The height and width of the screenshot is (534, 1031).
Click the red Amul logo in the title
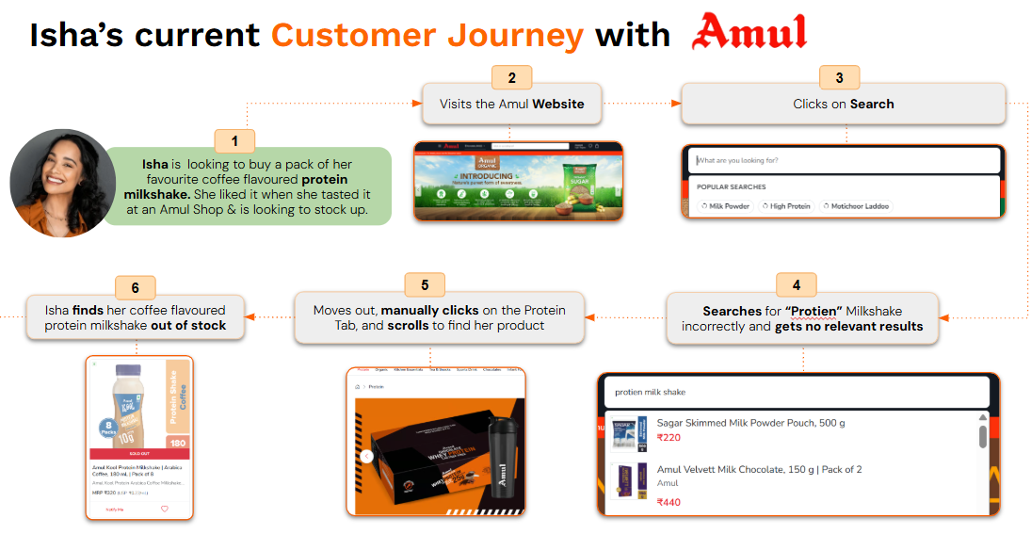pyautogui.click(x=749, y=33)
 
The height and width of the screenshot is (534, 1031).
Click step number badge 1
pyautogui.click(x=234, y=141)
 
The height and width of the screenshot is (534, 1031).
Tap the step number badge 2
pyautogui.click(x=511, y=77)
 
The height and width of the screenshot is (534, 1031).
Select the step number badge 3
pyautogui.click(x=839, y=77)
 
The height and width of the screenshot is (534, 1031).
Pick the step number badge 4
pyautogui.click(x=796, y=284)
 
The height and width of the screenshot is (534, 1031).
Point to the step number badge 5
pyautogui.click(x=425, y=284)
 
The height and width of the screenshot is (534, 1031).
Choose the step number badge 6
pyautogui.click(x=136, y=287)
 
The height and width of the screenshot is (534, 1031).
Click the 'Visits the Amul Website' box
pyautogui.click(x=511, y=105)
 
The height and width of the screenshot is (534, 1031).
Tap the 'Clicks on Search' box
pyautogui.click(x=843, y=105)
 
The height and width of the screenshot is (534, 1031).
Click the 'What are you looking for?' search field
pyautogui.click(x=843, y=160)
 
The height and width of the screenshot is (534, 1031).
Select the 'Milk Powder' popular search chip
pyautogui.click(x=725, y=206)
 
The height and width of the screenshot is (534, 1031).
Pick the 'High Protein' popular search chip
pyautogui.click(x=786, y=206)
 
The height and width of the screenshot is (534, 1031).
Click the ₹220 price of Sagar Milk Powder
pyautogui.click(x=669, y=437)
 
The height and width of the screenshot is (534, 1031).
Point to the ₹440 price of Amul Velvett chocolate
pyautogui.click(x=669, y=502)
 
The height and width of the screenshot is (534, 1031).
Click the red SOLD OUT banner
pyautogui.click(x=138, y=454)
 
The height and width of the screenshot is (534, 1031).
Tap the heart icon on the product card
pyautogui.click(x=164, y=509)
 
